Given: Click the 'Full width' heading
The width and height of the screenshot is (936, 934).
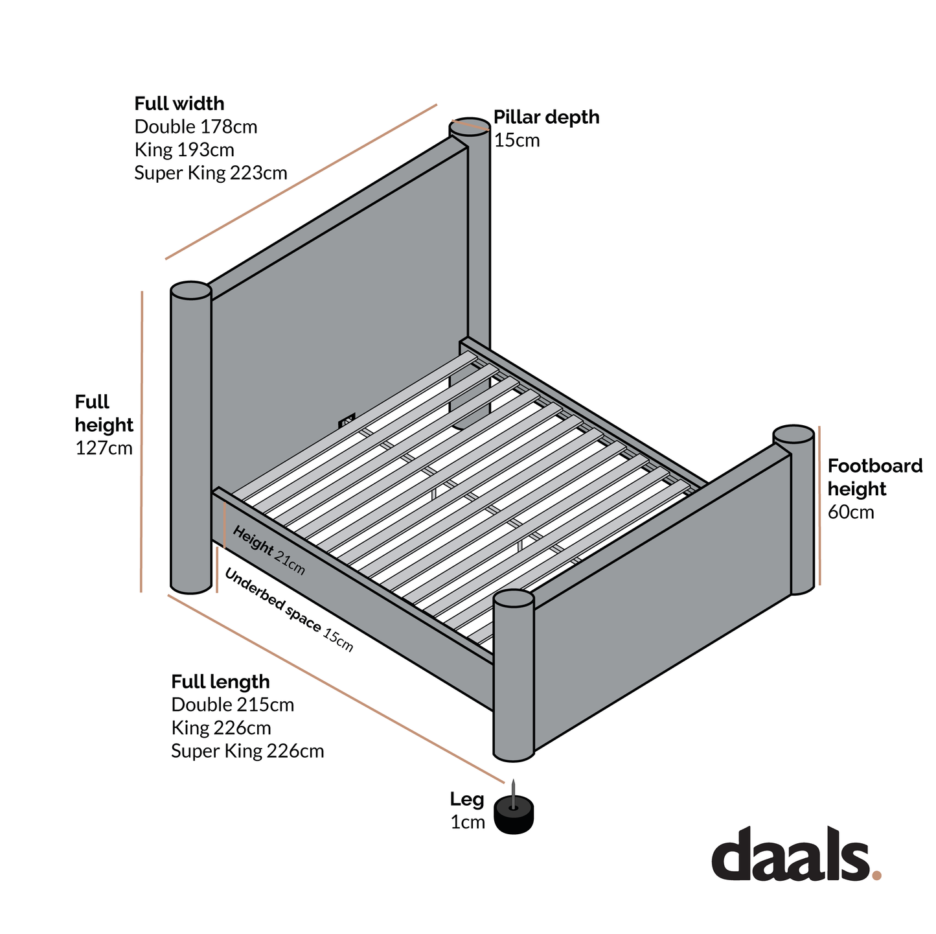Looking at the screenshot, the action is [179, 104].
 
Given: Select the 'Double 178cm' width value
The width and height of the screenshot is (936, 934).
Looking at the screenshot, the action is [196, 127].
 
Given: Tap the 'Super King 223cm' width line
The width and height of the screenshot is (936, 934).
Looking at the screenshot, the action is [211, 173].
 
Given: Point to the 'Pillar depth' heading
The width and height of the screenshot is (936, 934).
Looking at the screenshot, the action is [547, 118].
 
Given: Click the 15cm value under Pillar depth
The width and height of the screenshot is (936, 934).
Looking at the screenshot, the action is [517, 141].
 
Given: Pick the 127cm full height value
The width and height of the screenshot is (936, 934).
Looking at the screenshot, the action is [104, 449].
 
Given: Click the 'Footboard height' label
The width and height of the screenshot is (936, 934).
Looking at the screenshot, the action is [875, 478].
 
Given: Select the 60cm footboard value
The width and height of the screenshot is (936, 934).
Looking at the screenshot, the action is [851, 512].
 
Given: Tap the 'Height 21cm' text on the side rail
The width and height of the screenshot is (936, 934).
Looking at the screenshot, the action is [269, 550].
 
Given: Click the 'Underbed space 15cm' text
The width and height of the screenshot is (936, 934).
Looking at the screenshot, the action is [289, 610].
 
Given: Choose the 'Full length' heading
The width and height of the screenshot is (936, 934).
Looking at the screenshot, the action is [220, 682].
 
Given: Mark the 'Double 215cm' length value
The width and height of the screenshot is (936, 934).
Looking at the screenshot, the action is [233, 705].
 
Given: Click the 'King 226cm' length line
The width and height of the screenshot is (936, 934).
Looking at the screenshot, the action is [221, 729].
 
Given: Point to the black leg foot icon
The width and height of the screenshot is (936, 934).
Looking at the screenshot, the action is [514, 809].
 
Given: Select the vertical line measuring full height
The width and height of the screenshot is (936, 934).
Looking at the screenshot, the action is [142, 441].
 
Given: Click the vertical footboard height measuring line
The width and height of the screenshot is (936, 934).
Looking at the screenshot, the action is [819, 506].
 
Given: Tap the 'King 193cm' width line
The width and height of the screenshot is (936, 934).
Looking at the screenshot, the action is [185, 150].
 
